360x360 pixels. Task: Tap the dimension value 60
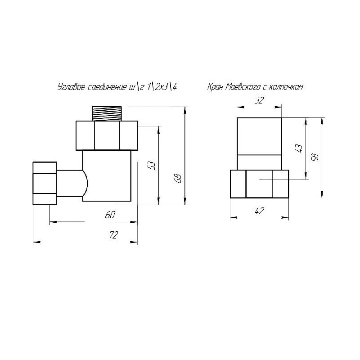pos(110,215)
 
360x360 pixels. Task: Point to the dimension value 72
pos(114,235)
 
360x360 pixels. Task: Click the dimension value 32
pos(260,100)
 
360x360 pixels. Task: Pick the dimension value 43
pos(300,148)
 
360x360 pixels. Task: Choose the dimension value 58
pos(316,157)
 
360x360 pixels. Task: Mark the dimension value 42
pos(260,211)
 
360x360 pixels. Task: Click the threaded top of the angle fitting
pos(107,113)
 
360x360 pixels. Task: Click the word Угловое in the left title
pos(72,87)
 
